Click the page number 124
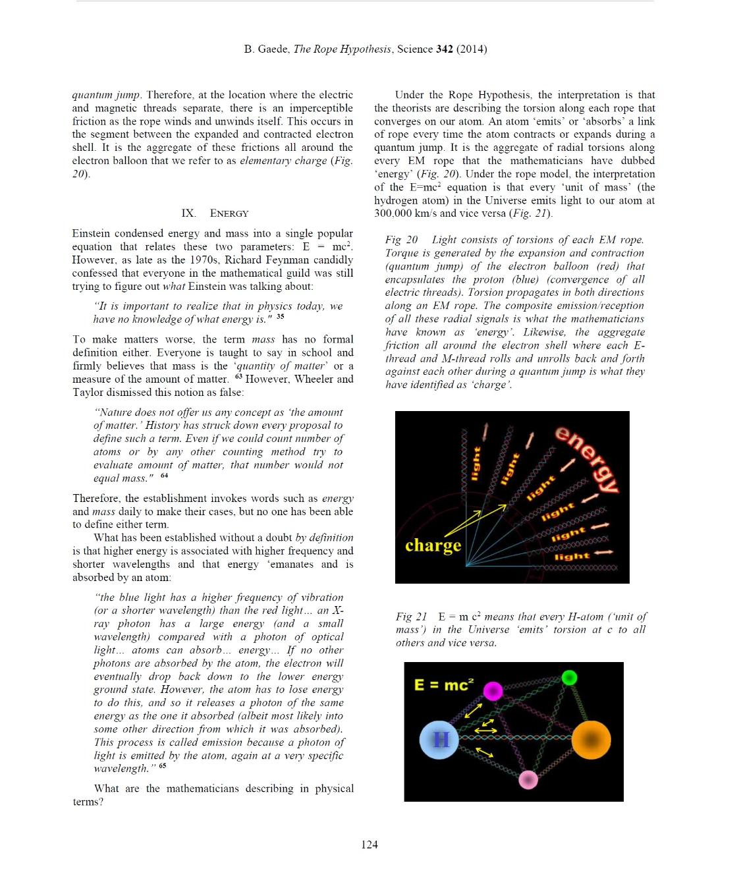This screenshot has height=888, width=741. [x=370, y=845]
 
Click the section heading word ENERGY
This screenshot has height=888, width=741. [x=229, y=213]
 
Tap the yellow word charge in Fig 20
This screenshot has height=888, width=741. [x=433, y=545]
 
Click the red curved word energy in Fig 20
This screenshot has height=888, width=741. [x=588, y=459]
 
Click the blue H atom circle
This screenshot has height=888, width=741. [x=439, y=740]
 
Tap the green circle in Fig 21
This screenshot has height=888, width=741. [x=570, y=677]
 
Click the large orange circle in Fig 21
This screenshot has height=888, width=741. [x=591, y=739]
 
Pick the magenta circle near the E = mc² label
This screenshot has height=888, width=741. [x=493, y=690]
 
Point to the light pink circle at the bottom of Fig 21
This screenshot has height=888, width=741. [x=528, y=780]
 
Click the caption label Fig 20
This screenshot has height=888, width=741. [x=401, y=240]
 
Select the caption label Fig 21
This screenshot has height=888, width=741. [x=412, y=617]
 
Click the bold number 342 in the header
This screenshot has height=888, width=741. [x=445, y=49]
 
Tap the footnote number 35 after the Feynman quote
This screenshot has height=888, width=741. [x=281, y=317]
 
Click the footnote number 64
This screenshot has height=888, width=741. [x=164, y=476]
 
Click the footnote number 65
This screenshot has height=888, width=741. [x=162, y=765]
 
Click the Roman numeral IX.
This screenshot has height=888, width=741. [x=188, y=213]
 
